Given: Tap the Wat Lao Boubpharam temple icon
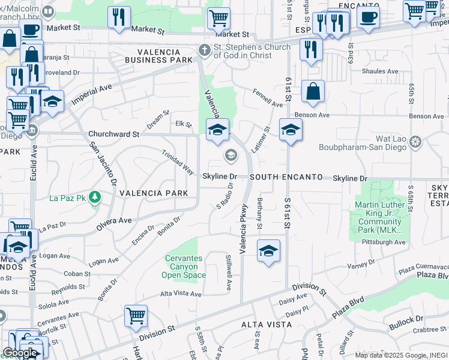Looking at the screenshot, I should pyautogui.click(x=415, y=143).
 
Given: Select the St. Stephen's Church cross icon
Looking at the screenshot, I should pyautogui.click(x=205, y=50).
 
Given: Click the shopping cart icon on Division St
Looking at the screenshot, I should pyautogui.click(x=136, y=315).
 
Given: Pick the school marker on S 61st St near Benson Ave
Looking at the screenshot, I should pyautogui.click(x=291, y=130).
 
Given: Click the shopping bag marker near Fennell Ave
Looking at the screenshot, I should pyautogui.click(x=313, y=92).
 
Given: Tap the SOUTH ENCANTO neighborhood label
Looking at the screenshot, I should pyautogui.click(x=282, y=178).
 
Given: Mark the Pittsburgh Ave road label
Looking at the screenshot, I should pyautogui.click(x=384, y=242).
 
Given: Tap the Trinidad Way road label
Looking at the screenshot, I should pyautogui.click(x=178, y=162).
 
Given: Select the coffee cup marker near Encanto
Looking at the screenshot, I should pyautogui.click(x=368, y=16).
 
